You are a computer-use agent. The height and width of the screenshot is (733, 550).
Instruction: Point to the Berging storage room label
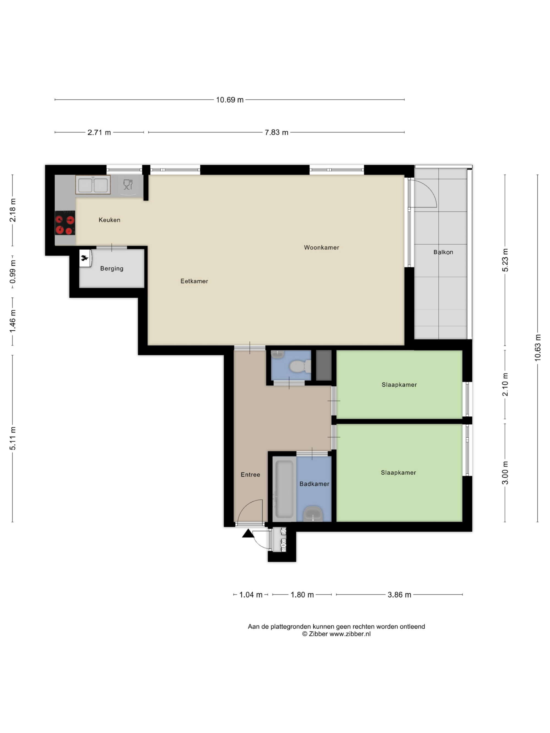112,269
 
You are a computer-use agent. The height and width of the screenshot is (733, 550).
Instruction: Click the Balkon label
443,252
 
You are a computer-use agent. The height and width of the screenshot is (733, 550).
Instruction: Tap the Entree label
250,475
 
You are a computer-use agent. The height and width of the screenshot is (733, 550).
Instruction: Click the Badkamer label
314,484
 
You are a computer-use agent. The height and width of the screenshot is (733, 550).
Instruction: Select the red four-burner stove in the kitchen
65,223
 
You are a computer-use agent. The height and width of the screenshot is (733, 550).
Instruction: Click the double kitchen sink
93,185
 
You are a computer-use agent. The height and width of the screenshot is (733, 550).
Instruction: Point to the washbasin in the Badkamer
313,514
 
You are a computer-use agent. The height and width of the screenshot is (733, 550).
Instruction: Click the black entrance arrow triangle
248,533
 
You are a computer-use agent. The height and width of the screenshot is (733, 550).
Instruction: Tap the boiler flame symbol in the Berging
85,258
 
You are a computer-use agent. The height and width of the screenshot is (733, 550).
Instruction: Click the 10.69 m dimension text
230,100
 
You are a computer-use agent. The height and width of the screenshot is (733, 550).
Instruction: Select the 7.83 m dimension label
276,132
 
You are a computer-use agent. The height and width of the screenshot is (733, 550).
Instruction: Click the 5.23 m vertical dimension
505,260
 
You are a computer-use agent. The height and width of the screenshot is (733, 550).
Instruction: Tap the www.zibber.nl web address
350,634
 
